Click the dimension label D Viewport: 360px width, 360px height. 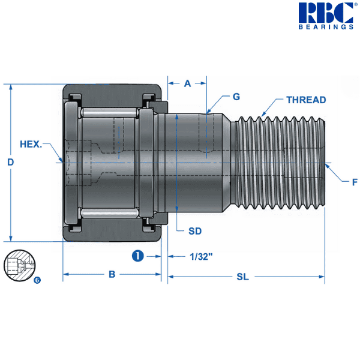(x=10, y=162)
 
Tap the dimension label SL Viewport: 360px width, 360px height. (x=242, y=277)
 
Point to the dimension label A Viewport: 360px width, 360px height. (x=187, y=84)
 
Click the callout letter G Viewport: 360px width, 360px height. (x=236, y=97)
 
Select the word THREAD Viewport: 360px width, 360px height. (x=306, y=100)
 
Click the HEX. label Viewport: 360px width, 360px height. (x=31, y=144)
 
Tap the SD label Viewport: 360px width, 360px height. (x=194, y=231)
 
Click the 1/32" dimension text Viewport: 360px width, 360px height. (x=201, y=256)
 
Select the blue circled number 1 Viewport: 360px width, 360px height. (x=137, y=256)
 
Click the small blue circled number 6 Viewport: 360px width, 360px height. (x=37, y=280)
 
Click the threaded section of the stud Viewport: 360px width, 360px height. (x=279, y=162)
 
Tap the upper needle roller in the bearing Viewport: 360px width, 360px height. (x=111, y=113)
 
